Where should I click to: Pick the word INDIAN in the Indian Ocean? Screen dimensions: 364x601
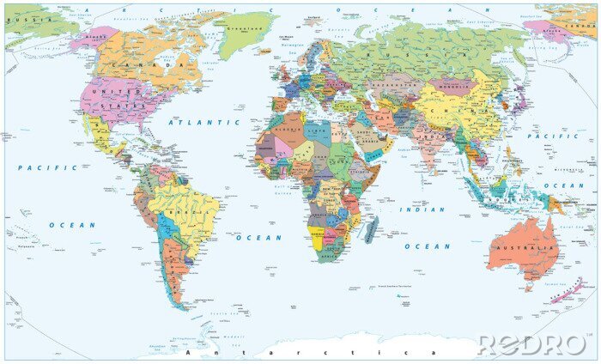(x=427, y=209)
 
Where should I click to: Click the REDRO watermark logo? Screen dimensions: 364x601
(x=531, y=344)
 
